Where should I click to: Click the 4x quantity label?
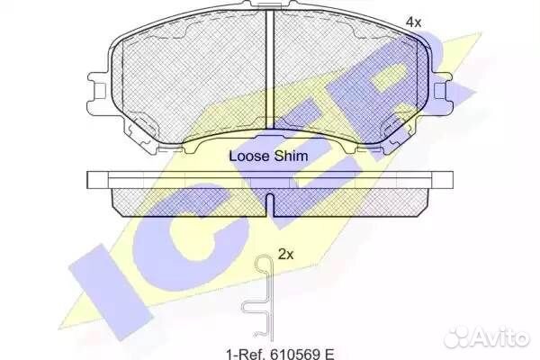(x=413, y=22)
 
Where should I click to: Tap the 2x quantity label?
(x=285, y=255)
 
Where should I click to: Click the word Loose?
(x=249, y=156)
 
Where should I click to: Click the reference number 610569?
(x=295, y=354)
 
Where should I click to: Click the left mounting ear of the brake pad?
(x=98, y=91)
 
